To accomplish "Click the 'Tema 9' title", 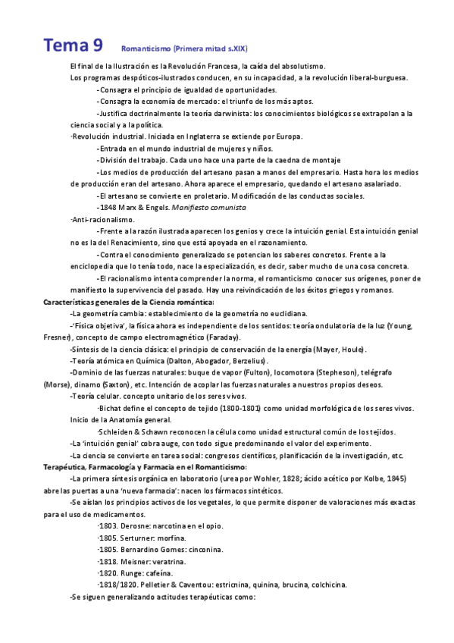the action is tap(74, 45).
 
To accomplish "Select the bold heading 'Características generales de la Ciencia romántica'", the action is tap(129, 302).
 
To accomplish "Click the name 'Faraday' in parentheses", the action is tap(220, 336).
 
